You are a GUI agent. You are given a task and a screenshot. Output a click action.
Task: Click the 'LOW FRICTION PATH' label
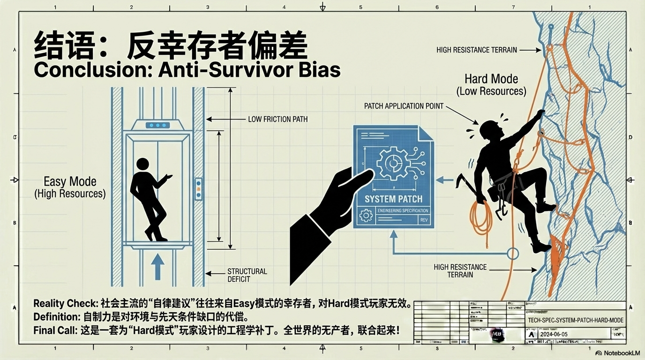[x=277, y=119]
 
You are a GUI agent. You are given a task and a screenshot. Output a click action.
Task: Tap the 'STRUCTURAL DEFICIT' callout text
[x=247, y=275]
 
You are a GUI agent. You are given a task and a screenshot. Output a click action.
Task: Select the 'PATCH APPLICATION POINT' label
[x=404, y=106]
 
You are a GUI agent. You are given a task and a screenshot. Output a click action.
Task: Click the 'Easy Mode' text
[x=70, y=181]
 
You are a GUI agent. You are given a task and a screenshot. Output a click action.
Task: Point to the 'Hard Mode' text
[x=491, y=79]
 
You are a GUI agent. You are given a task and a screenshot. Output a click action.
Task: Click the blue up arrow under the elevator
[x=157, y=267]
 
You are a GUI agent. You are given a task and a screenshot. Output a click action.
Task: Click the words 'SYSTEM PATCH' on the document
[x=393, y=199]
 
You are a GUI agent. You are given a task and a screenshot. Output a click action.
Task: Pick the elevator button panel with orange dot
[x=198, y=189]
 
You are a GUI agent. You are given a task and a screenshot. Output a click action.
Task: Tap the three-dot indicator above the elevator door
[x=157, y=125]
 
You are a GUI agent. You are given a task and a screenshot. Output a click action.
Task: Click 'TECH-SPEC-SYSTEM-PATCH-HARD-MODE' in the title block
[x=575, y=320]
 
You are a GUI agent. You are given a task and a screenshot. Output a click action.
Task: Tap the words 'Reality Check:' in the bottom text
[x=66, y=303]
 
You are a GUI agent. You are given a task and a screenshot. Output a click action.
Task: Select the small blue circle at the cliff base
[x=513, y=254]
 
